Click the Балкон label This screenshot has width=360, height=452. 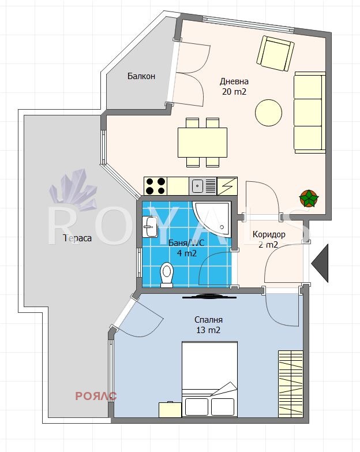click(141, 76)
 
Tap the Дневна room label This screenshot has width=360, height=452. click(234, 81)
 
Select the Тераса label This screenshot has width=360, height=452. click(77, 238)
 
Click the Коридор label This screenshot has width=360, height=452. click(269, 234)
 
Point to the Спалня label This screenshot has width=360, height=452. click(208, 320)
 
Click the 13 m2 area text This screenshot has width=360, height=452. click(208, 330)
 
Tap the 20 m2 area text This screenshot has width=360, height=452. click(234, 92)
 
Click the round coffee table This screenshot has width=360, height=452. click(268, 113)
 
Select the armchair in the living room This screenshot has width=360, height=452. click(275, 54)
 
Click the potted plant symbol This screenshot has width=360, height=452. click(309, 199)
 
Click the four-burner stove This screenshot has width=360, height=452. click(156, 186)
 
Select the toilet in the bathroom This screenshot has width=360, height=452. click(167, 275)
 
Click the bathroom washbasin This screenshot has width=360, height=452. click(150, 227)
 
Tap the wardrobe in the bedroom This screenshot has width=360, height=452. click(291, 384)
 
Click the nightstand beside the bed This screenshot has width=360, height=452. click(170, 410)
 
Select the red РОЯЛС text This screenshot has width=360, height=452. click(96, 396)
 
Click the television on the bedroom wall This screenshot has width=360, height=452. click(209, 296)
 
